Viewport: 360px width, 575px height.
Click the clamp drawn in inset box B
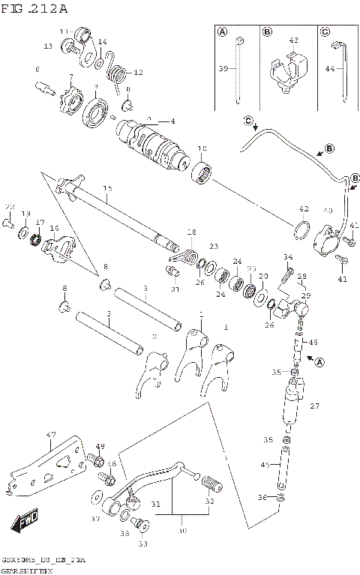[290, 71]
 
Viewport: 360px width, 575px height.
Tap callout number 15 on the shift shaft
[106, 188]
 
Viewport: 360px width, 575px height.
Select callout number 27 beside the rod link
[314, 406]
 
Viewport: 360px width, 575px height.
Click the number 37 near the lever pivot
[95, 518]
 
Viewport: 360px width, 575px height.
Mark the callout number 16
[54, 228]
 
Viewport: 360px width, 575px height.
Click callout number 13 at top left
[48, 46]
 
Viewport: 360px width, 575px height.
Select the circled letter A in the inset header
[222, 31]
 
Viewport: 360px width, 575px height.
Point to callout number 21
[175, 289]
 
